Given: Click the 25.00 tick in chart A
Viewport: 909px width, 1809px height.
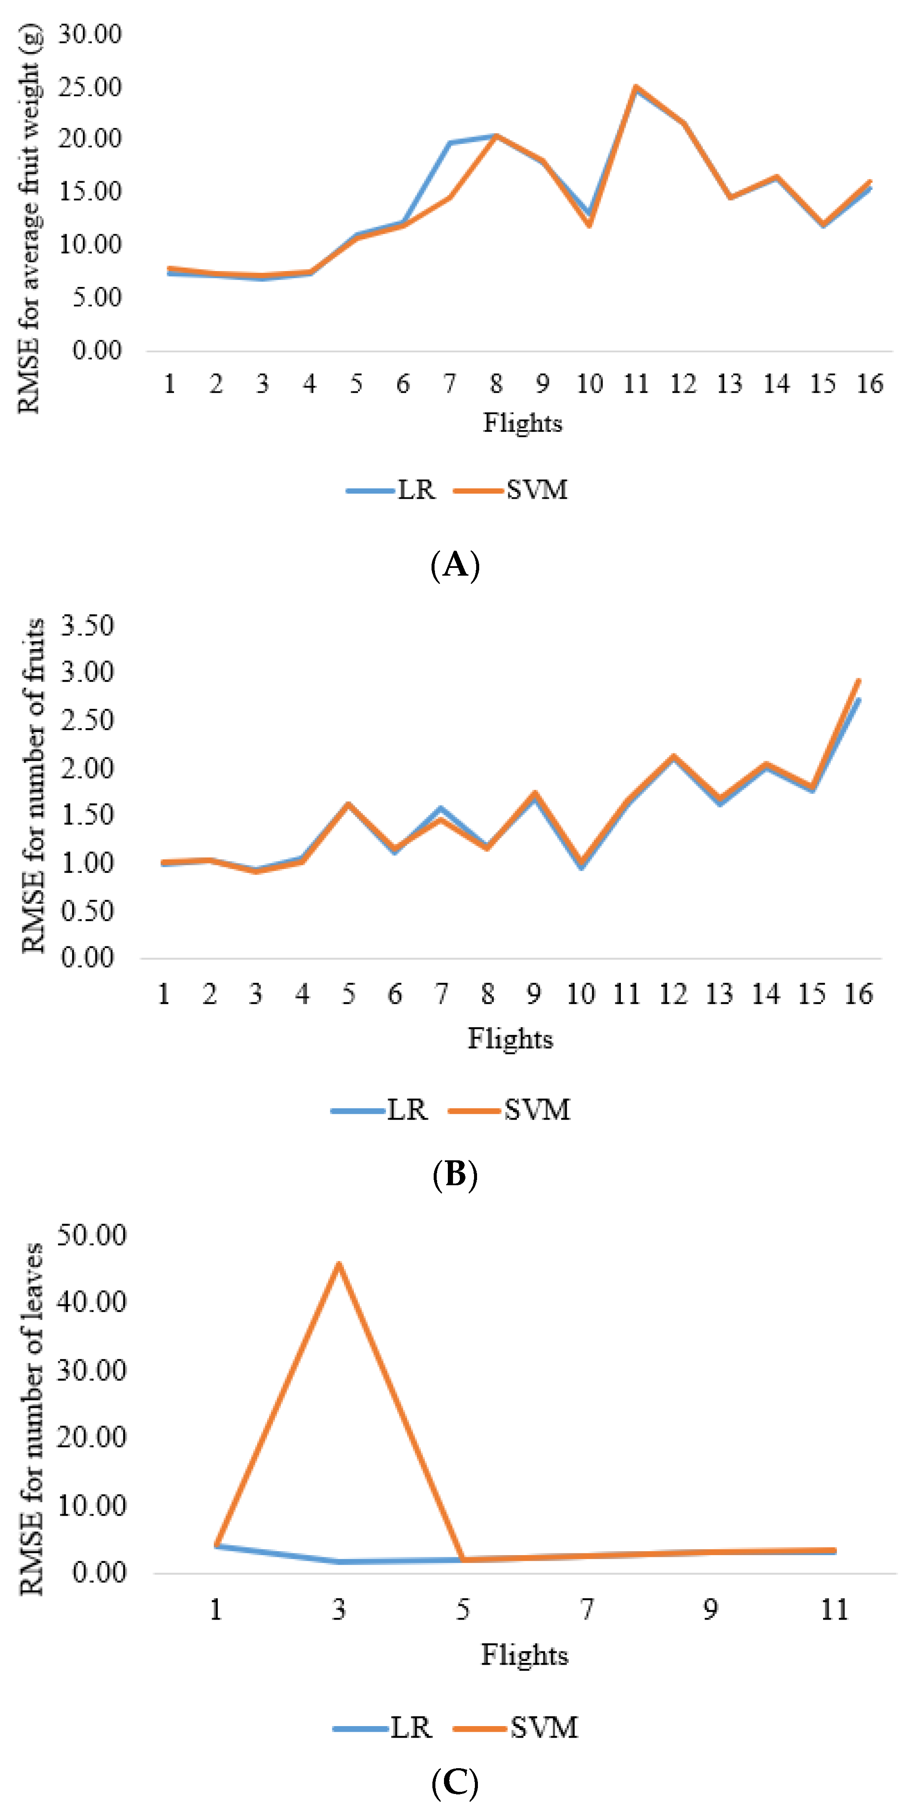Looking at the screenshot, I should click(x=89, y=87).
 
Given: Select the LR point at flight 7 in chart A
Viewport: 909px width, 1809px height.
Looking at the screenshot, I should click(x=449, y=143).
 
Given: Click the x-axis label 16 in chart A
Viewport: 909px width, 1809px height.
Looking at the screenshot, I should click(x=869, y=384).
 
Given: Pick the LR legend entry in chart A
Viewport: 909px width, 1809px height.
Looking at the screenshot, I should click(x=392, y=489).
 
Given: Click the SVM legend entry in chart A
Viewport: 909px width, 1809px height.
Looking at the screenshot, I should click(x=511, y=489).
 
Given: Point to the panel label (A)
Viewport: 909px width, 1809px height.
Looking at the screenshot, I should click(x=455, y=564).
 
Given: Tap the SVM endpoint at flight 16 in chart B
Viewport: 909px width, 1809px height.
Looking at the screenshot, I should click(x=858, y=680).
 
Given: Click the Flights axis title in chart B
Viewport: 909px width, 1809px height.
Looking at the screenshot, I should click(x=510, y=1039).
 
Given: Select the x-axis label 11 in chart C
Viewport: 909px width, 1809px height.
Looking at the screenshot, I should click(x=835, y=1609).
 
